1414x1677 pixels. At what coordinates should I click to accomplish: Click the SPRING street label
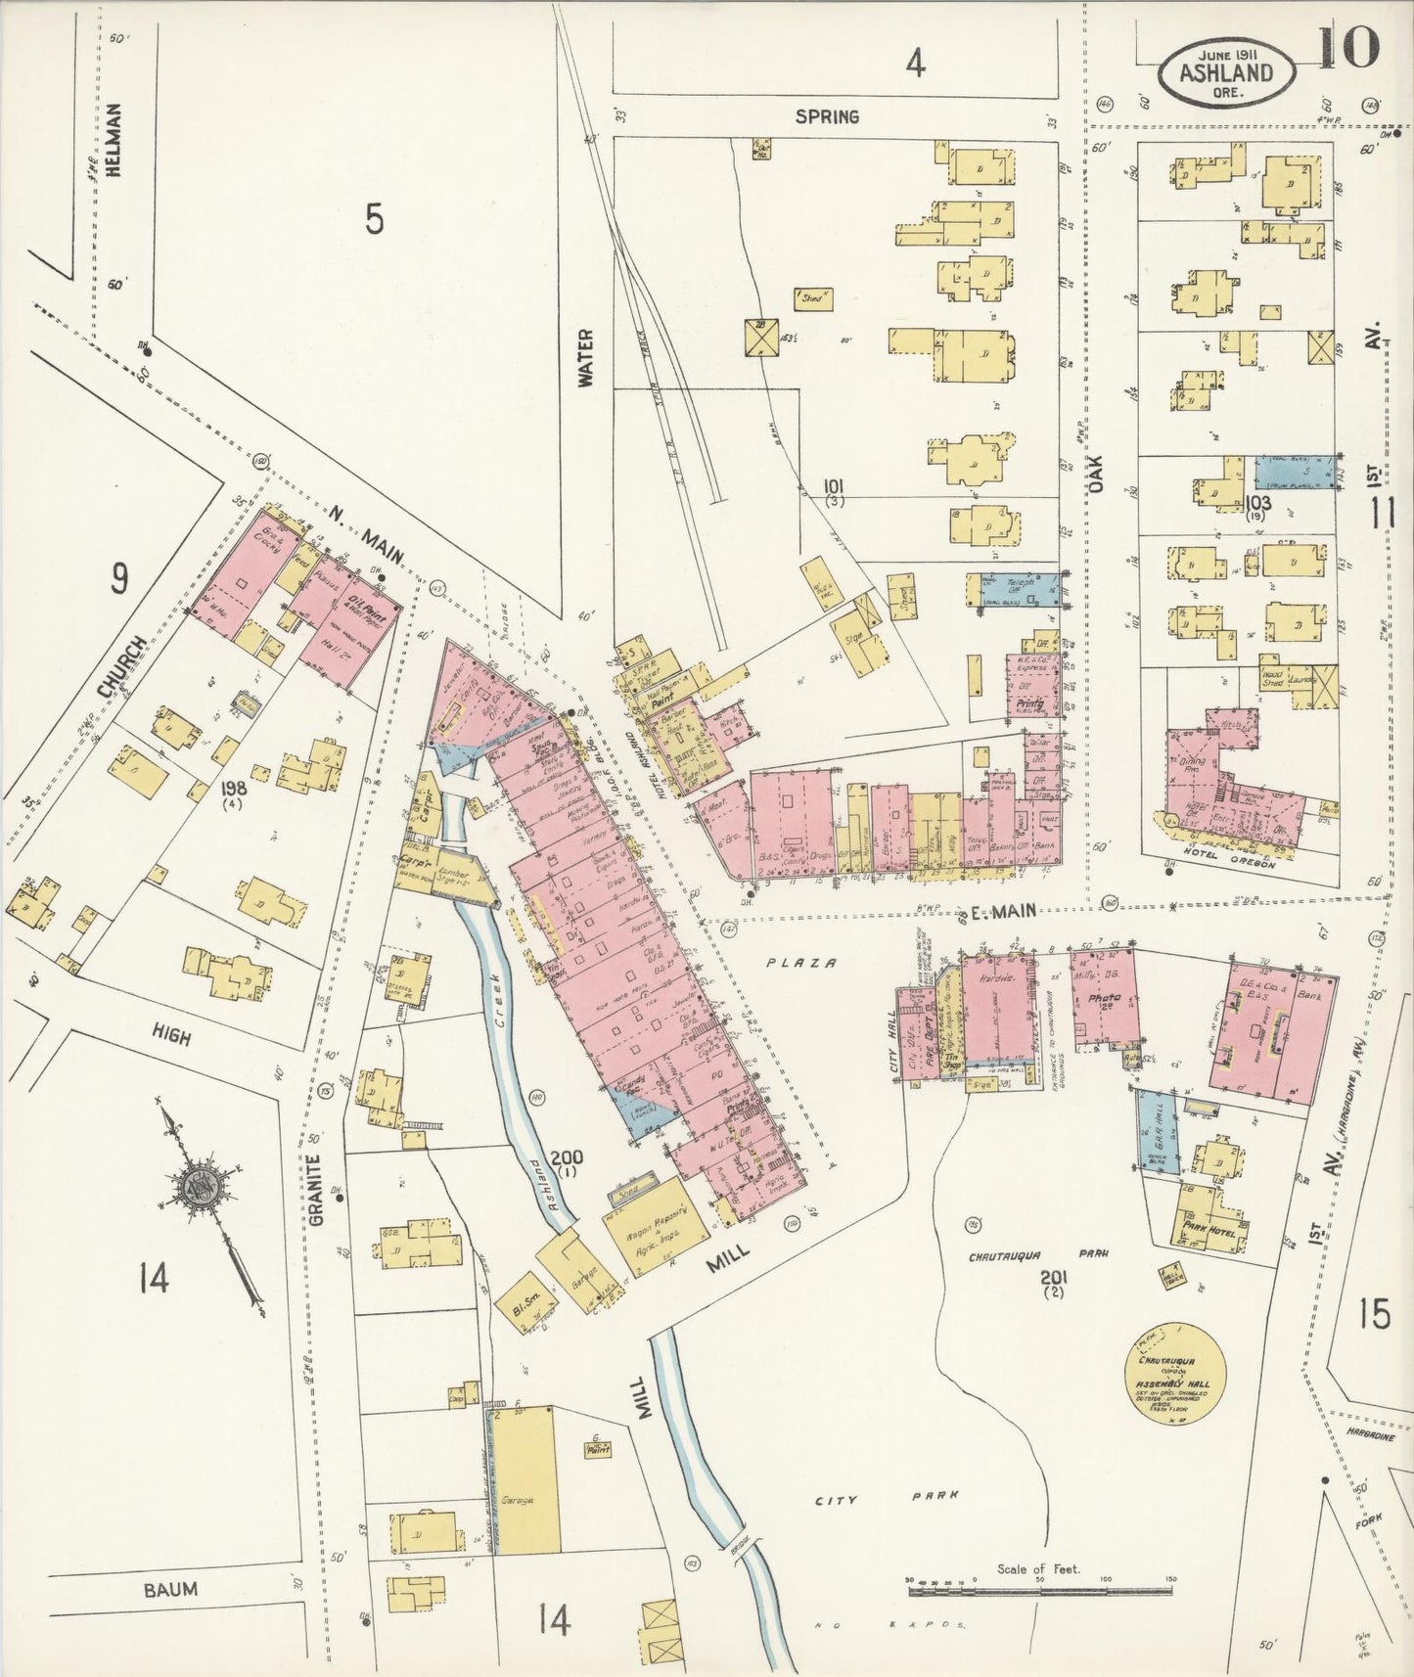827,116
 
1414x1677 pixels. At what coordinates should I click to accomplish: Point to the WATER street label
586,358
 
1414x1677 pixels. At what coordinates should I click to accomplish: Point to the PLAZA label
801,963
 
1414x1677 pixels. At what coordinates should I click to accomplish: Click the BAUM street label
170,1589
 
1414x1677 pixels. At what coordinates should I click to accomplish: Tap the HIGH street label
172,1035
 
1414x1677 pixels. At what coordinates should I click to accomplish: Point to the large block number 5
374,221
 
